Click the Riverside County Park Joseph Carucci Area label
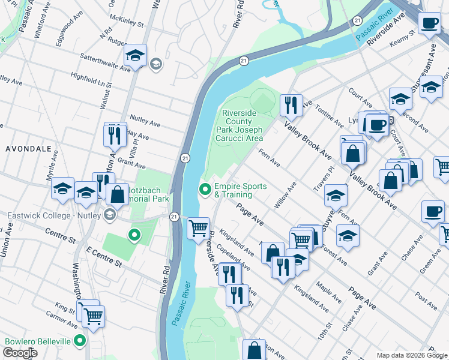(x=243, y=125)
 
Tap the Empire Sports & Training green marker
(x=206, y=190)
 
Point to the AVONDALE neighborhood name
(x=28, y=148)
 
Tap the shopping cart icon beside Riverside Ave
(x=198, y=229)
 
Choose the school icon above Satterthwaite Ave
(x=136, y=56)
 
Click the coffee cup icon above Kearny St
(x=429, y=23)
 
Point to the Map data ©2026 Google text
(x=411, y=355)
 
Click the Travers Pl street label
(x=323, y=180)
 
